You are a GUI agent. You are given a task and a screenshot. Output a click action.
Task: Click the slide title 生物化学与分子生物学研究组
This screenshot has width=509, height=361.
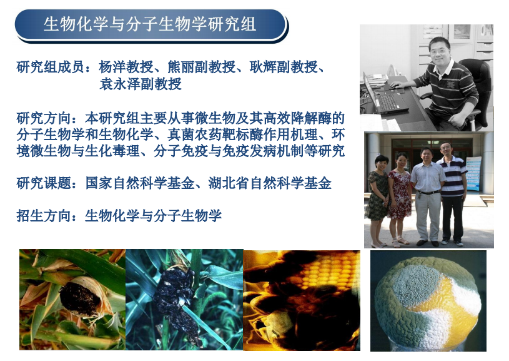(x=150, y=24)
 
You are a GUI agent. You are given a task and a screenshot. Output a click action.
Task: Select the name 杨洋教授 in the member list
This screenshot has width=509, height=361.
(x=126, y=67)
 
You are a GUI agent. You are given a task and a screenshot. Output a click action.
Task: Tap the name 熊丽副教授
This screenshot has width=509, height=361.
(x=202, y=67)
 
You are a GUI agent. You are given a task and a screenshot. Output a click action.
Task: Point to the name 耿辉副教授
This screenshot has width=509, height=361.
(x=284, y=67)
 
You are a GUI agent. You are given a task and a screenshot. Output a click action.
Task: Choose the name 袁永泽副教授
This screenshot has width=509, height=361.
(x=141, y=84)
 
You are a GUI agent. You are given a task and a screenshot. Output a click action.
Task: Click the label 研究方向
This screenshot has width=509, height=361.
(x=44, y=118)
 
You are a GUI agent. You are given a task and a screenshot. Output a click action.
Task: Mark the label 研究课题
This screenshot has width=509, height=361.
(x=44, y=183)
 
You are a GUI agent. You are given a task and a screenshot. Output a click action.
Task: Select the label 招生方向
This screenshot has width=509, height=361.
(x=44, y=216)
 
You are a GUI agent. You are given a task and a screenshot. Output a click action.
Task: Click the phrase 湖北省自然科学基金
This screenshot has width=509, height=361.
(x=270, y=183)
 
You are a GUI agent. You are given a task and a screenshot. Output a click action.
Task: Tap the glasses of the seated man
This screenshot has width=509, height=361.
(x=438, y=51)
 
